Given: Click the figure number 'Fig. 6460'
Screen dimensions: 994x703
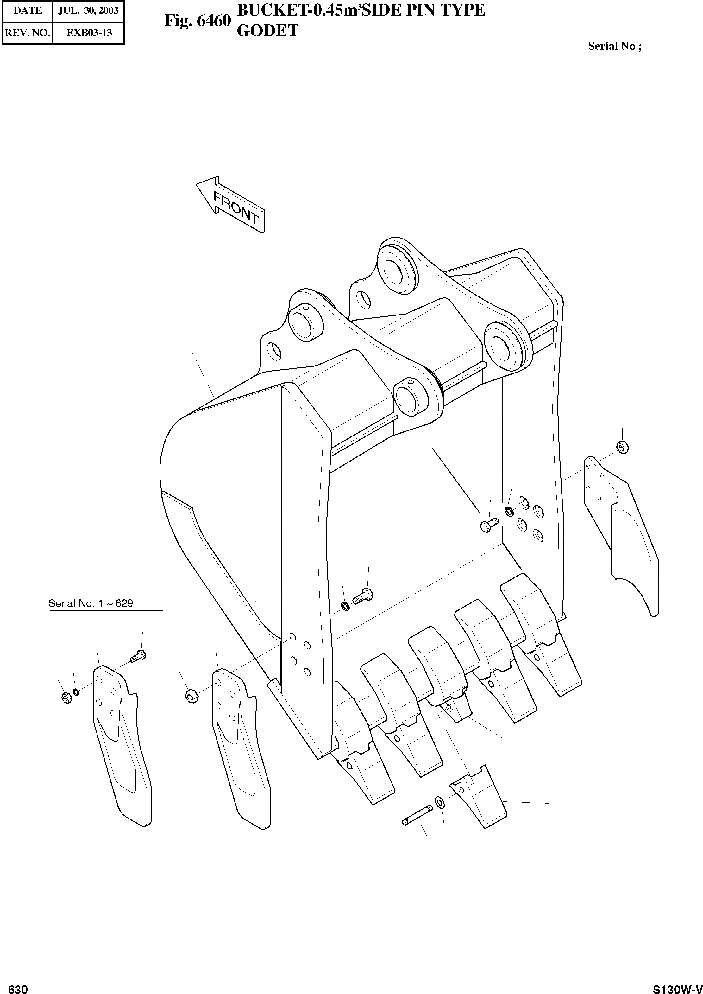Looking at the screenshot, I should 198,20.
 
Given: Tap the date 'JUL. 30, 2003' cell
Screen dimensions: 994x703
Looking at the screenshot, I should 88,10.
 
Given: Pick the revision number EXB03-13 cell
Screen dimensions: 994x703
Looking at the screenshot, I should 89,33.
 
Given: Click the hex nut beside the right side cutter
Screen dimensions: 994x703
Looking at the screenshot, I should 622,447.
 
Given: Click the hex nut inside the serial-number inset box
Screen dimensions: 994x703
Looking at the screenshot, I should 66,698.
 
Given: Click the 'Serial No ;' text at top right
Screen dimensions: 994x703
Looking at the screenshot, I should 615,46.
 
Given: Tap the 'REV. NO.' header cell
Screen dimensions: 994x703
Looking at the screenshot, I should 27,33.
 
